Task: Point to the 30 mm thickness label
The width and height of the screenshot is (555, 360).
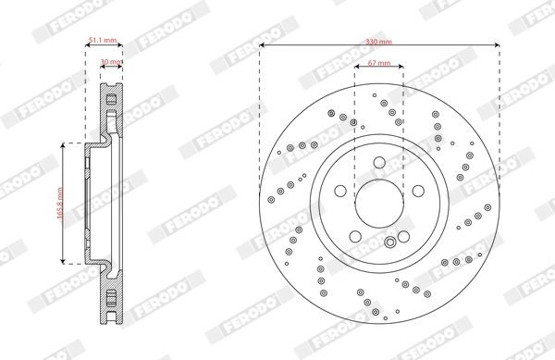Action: [x=109, y=63]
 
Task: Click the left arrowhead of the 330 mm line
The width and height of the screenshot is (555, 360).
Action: [x=263, y=43]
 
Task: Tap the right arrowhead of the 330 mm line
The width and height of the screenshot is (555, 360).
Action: [x=497, y=43]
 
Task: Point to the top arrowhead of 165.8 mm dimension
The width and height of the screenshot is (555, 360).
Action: [x=62, y=146]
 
